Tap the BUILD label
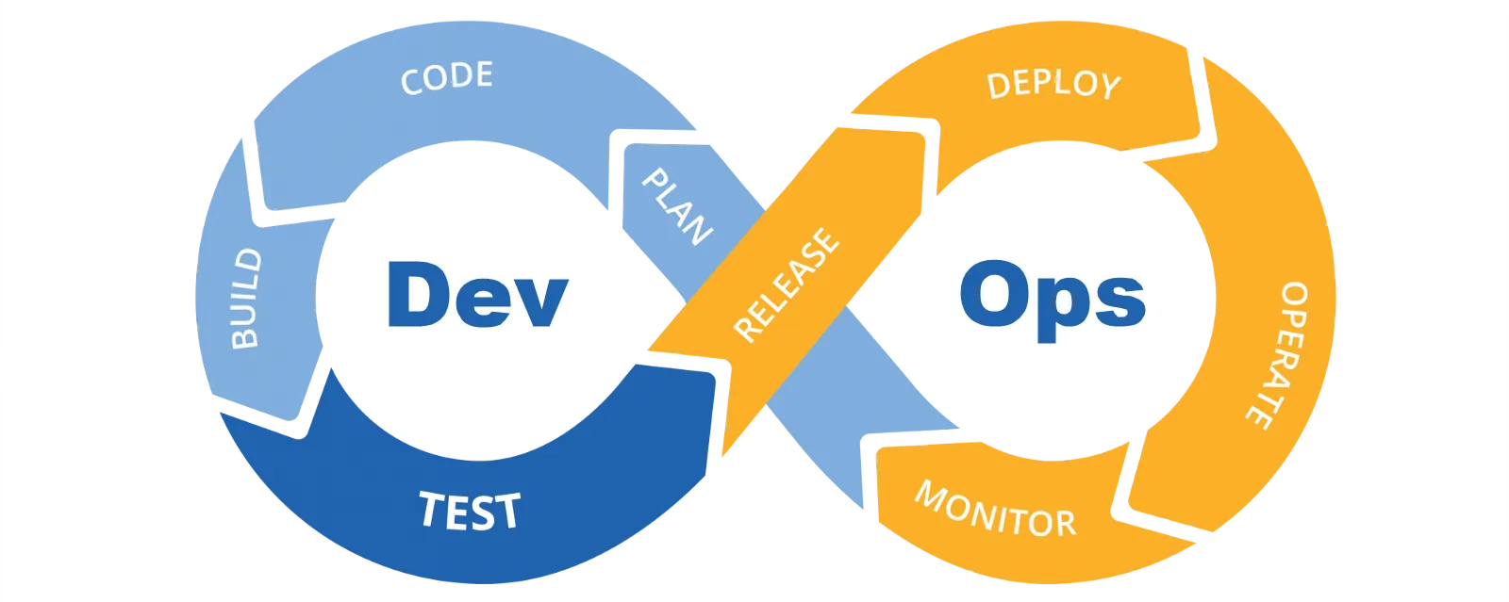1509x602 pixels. [246, 298]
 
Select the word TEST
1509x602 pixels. [469, 511]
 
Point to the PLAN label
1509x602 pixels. [675, 206]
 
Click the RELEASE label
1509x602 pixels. [786, 284]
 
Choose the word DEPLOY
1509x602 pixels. [1053, 85]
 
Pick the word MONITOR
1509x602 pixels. [995, 510]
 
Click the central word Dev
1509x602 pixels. [477, 295]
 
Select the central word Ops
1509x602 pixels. [1053, 298]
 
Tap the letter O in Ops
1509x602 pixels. [993, 295]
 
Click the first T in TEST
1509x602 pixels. [431, 509]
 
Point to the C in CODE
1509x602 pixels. [411, 82]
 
